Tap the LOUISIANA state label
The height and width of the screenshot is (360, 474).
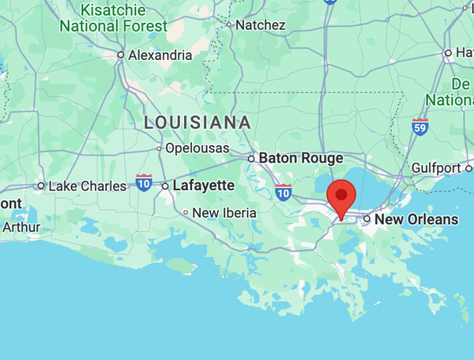click(x=197, y=122)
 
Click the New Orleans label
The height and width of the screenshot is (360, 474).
click(x=416, y=219)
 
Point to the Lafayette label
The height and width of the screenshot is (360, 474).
click(x=204, y=186)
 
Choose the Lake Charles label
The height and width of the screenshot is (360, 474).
click(x=87, y=186)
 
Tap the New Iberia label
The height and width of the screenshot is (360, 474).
click(x=224, y=212)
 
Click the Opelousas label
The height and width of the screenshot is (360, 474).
click(x=197, y=148)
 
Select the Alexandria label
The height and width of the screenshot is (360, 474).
click(x=160, y=55)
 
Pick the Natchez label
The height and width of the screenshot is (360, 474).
click(x=260, y=24)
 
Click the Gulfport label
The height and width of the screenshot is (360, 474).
click(x=436, y=168)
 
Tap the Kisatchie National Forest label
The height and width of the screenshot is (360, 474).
click(x=114, y=18)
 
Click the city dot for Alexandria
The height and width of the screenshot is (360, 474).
click(x=121, y=55)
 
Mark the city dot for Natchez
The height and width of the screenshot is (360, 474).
click(x=229, y=24)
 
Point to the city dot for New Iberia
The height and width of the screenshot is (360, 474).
click(x=186, y=212)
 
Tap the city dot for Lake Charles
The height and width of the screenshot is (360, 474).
click(x=41, y=186)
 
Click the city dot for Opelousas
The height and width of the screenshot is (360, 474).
click(x=159, y=148)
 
